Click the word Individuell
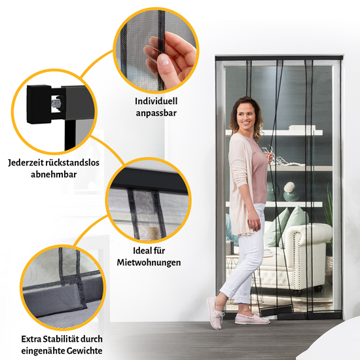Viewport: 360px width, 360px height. pyautogui.click(x=156, y=101)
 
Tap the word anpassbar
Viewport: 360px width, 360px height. pyautogui.click(x=156, y=113)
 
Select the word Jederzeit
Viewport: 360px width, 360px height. pyautogui.click(x=26, y=163)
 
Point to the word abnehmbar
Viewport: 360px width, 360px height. pyautogui.click(x=54, y=175)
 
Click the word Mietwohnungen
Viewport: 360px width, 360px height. pyautogui.click(x=149, y=262)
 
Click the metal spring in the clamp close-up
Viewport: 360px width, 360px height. pyautogui.click(x=56, y=105)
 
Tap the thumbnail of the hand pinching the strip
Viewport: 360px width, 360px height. pyautogui.click(x=156, y=51)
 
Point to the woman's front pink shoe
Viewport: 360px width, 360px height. pyautogui.click(x=252, y=319)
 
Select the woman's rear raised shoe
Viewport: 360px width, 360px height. pyautogui.click(x=215, y=312)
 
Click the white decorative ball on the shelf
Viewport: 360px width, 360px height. pyautogui.click(x=289, y=187)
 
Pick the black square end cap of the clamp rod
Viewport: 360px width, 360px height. pyautogui.click(x=39, y=105)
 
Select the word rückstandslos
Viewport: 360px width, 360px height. pyautogui.click(x=73, y=163)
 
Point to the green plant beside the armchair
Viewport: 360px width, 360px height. pyautogui.click(x=329, y=218)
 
